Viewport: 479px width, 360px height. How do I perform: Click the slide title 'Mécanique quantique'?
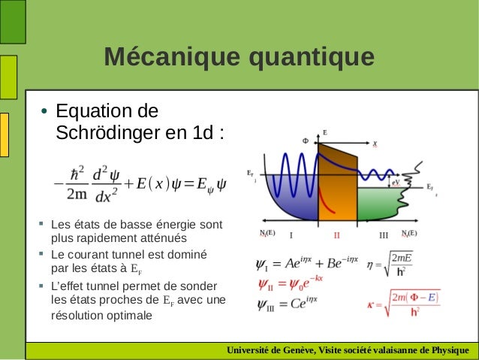(x=239, y=56)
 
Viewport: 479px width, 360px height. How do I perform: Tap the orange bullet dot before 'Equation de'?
(x=44, y=113)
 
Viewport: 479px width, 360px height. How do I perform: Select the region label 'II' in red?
(x=337, y=235)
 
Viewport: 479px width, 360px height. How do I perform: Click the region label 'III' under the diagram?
(x=384, y=235)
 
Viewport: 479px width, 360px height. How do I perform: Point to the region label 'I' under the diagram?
(x=291, y=235)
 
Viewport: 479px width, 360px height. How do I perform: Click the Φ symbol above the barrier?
(x=305, y=141)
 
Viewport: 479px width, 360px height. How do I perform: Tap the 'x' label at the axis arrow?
(x=375, y=142)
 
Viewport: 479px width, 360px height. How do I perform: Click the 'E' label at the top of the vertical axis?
(x=324, y=132)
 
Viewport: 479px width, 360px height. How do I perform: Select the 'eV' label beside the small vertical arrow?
(x=395, y=181)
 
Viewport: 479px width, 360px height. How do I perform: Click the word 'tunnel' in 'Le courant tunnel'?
(x=128, y=254)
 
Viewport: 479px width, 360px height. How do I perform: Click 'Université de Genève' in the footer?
(x=267, y=350)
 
